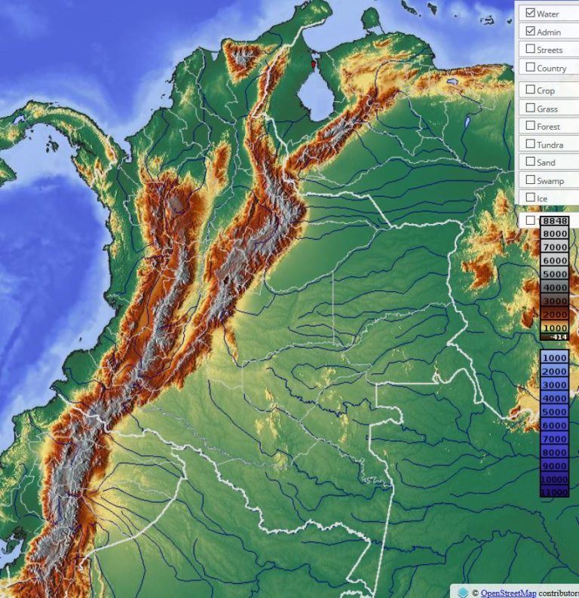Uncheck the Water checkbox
tap(531, 14)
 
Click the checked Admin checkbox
tap(531, 32)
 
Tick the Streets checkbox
tap(531, 50)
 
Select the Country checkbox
tap(531, 68)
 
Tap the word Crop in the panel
tap(546, 91)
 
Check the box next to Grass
tap(531, 109)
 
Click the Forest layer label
tap(548, 127)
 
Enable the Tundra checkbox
tap(531, 144)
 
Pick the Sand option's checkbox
tap(531, 162)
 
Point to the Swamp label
tap(550, 181)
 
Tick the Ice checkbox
tap(531, 198)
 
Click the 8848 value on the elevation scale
tap(554, 221)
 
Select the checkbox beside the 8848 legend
tap(531, 220)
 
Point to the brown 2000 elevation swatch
tap(554, 314)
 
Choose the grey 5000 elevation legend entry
tap(554, 274)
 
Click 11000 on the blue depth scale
tap(554, 492)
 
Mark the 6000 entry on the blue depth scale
tap(554, 425)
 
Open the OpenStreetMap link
tap(504, 593)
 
